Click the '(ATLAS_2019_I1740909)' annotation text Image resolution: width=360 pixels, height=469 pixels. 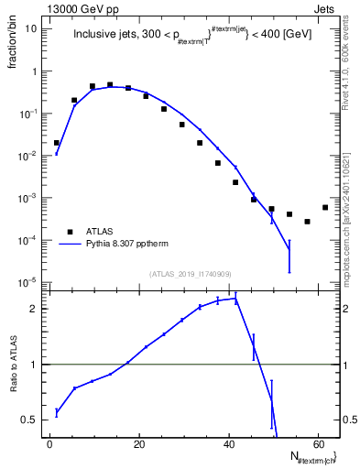(x=191, y=273)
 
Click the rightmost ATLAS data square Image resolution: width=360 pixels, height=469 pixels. (x=325, y=207)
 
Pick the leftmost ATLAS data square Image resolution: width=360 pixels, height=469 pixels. (x=57, y=143)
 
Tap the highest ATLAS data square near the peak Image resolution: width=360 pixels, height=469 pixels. (x=110, y=85)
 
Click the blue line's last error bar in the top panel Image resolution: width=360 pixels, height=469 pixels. (x=289, y=255)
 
